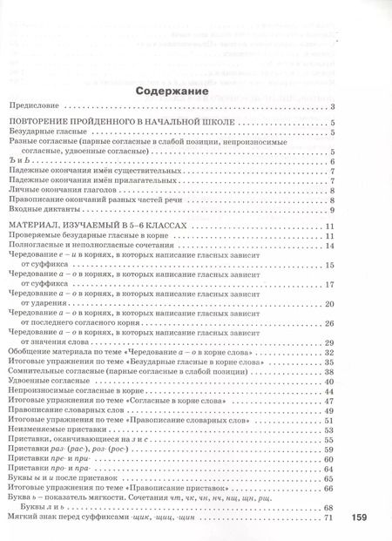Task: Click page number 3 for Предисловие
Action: tap(334, 108)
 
